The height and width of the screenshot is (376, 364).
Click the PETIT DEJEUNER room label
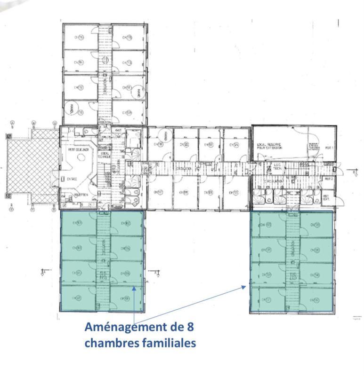pyautogui.click(x=77, y=150)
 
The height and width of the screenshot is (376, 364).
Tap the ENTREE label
pyautogui.click(x=72, y=179)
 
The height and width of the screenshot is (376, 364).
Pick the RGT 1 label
pyautogui.click(x=329, y=148)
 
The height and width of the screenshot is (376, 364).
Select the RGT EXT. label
pyautogui.click(x=326, y=198)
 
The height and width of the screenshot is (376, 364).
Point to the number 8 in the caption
pyautogui.click(x=190, y=326)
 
